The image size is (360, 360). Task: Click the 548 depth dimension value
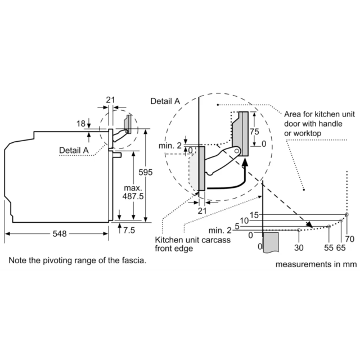60,234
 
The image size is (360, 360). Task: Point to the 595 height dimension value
145,172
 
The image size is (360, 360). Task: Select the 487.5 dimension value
133,196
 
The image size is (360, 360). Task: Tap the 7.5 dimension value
129,230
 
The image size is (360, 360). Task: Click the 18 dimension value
81,124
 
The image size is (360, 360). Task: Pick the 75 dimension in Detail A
254,132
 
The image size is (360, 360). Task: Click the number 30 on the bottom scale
299,247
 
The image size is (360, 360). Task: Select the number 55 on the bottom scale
328,247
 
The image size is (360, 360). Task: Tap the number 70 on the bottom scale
350,239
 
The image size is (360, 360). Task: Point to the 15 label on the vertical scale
254,215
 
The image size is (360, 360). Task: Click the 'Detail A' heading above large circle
165,101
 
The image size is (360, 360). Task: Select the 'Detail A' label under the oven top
74,150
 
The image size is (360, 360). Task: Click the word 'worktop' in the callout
308,133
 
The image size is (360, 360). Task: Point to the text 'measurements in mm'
316,264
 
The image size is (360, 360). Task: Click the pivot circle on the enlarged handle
237,151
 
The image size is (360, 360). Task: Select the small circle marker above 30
299,230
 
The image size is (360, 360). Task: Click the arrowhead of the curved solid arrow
245,161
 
